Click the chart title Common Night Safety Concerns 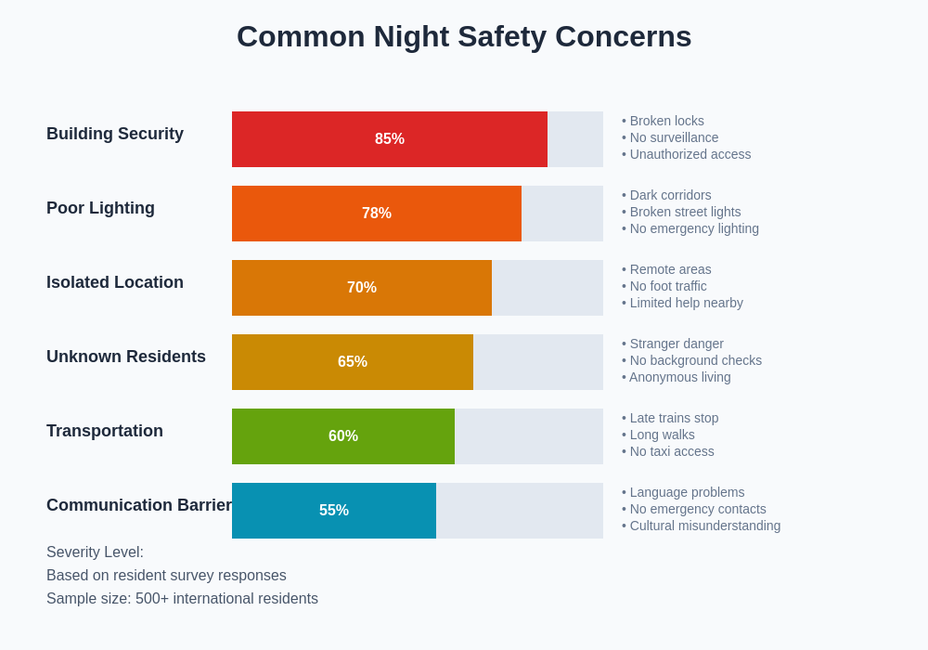(x=464, y=36)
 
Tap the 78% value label (x=377, y=214)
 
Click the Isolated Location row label (x=115, y=282)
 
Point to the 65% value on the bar (x=353, y=362)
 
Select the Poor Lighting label (x=100, y=208)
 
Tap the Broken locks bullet (x=664, y=121)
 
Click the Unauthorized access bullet (x=687, y=154)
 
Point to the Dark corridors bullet (x=667, y=195)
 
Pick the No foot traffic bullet (x=664, y=286)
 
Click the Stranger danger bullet (x=673, y=344)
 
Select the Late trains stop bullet (x=671, y=418)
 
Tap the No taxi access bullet (x=668, y=451)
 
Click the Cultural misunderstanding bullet (x=702, y=526)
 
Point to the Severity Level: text (x=95, y=552)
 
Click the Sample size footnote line (x=182, y=599)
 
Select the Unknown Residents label (x=126, y=357)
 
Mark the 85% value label (x=390, y=139)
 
